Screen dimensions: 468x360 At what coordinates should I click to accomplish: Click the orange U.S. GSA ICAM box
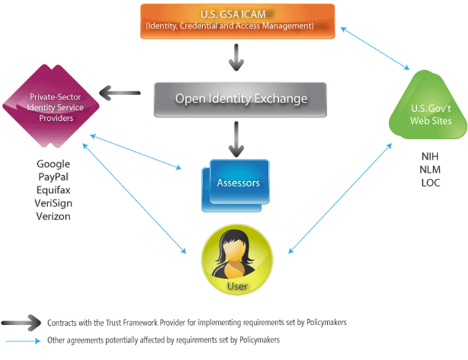(237, 21)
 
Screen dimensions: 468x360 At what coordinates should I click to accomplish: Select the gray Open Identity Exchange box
(240, 99)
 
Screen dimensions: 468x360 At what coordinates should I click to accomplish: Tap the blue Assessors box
(236, 185)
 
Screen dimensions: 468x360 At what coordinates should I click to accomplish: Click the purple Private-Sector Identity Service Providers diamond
(51, 106)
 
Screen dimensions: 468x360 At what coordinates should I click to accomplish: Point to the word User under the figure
(237, 286)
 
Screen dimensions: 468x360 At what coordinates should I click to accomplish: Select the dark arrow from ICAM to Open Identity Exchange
(236, 57)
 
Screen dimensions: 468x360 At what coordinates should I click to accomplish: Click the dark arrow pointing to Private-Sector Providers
(120, 93)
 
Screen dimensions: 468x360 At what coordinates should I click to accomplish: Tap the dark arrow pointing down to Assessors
(236, 139)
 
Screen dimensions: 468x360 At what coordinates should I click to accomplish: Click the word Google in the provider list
(54, 164)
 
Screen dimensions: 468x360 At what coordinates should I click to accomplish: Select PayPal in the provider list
(54, 177)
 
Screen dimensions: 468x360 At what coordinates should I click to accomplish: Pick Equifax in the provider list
(54, 190)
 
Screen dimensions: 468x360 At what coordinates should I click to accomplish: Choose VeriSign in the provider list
(54, 203)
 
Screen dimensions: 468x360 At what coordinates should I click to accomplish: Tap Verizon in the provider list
(54, 216)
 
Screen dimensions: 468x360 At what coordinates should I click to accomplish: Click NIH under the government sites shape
(430, 156)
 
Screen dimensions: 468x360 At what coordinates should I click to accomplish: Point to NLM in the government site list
(430, 170)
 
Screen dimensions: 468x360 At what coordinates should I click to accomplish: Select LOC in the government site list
(431, 182)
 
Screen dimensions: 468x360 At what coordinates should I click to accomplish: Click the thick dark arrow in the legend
(21, 323)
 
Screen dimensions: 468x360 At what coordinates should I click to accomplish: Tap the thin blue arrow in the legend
(23, 341)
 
